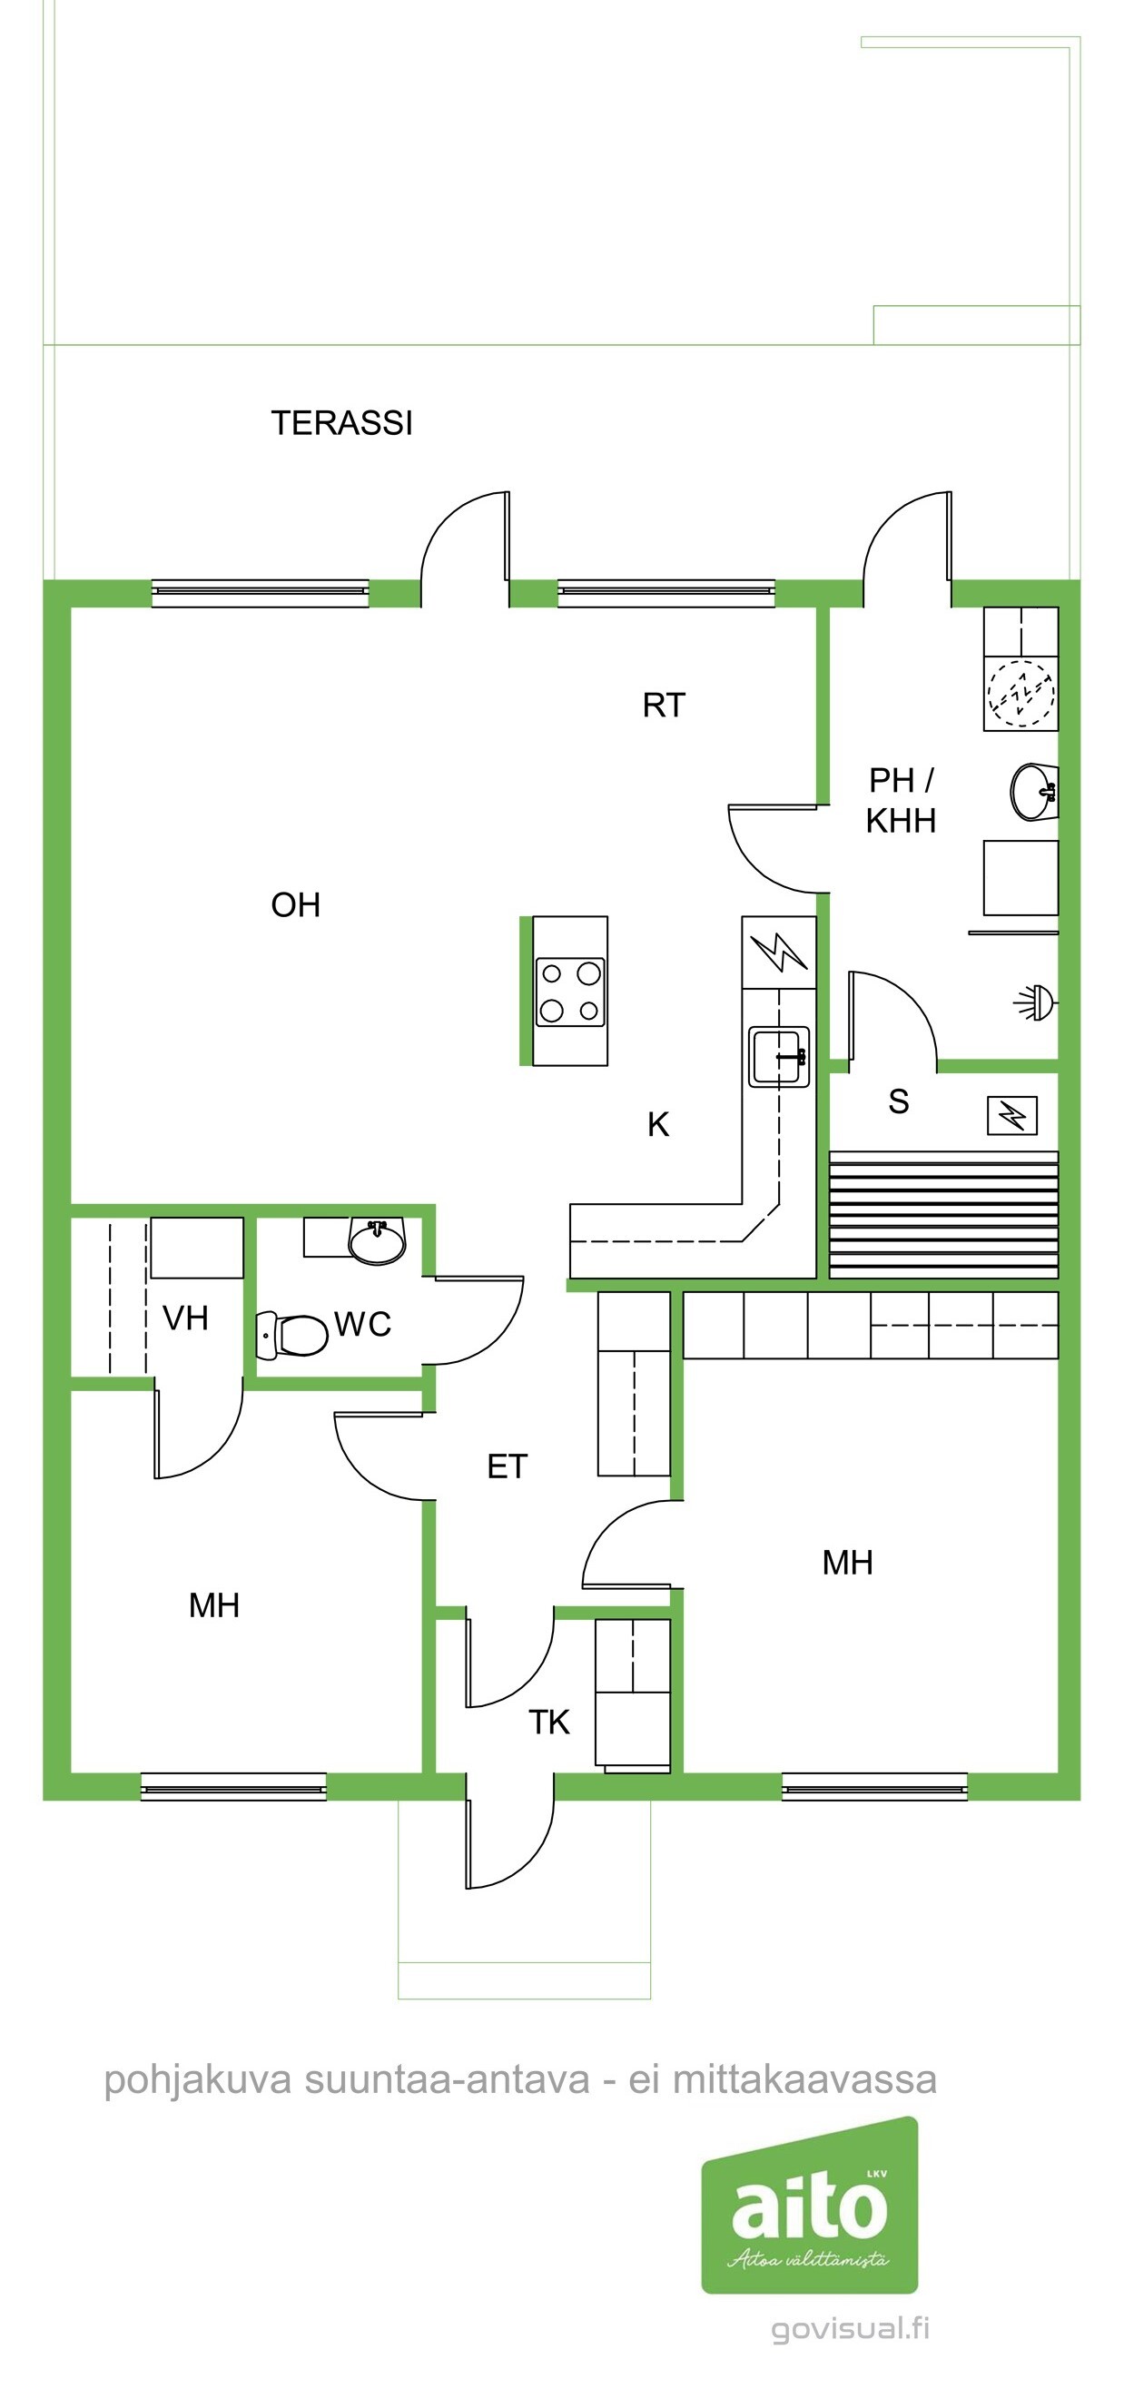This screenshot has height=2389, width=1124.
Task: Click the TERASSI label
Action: pos(341,423)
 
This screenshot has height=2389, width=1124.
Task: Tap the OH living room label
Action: pos(296,905)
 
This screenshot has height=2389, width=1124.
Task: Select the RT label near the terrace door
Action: pos(664,706)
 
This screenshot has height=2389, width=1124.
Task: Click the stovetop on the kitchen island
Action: pos(570,992)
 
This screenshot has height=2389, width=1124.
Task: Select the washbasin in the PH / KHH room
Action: pos(1033,792)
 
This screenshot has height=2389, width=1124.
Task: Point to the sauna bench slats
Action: pos(943,1214)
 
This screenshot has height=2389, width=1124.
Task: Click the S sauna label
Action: pos(899,1101)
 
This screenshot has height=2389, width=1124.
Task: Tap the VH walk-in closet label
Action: pos(185,1318)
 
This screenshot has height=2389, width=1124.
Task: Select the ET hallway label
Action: pos(508,1466)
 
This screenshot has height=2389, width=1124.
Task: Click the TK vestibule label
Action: pos(549,1723)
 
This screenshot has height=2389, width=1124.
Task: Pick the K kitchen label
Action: pos(658,1124)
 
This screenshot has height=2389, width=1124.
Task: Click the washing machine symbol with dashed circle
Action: pos(1021,693)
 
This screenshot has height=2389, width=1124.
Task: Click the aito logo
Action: pos(810,2204)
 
